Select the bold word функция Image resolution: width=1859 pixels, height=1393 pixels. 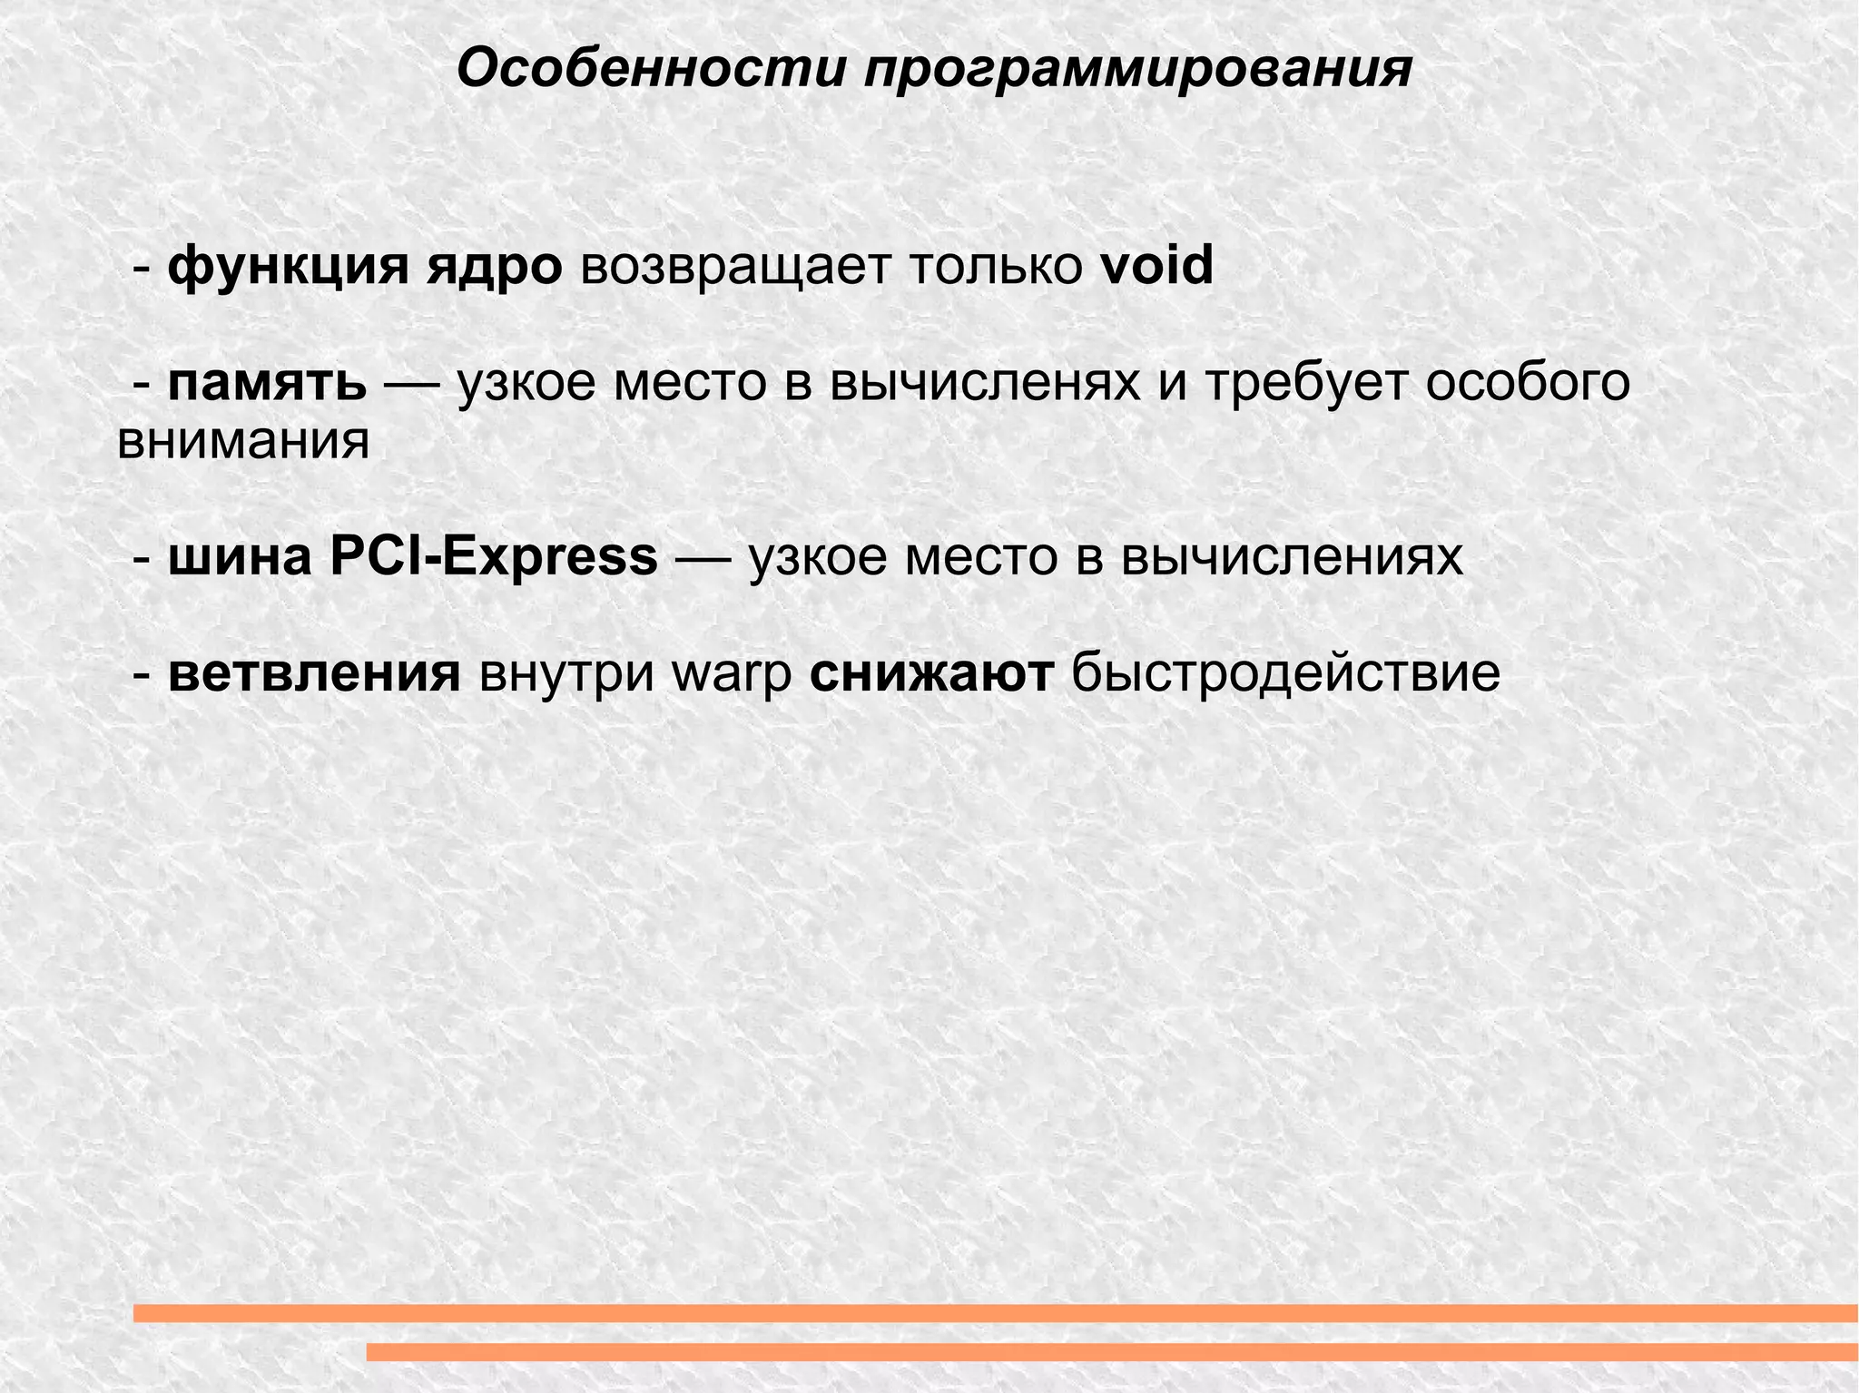[x=288, y=268]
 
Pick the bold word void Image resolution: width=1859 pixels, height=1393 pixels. [x=1156, y=266]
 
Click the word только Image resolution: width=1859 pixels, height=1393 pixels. [x=996, y=268]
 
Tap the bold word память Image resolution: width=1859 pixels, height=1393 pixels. [x=268, y=384]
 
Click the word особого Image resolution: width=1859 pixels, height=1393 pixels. [x=1527, y=384]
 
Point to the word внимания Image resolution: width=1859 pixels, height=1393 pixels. [x=243, y=443]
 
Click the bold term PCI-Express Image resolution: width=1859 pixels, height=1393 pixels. [x=494, y=557]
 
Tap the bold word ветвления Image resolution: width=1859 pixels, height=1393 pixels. [x=314, y=673]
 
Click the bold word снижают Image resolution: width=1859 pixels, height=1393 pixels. [x=931, y=673]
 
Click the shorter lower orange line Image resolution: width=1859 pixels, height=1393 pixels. [x=1112, y=1352]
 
